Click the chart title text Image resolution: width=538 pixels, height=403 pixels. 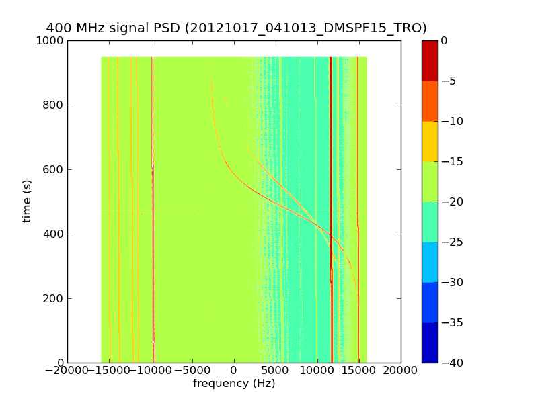236,28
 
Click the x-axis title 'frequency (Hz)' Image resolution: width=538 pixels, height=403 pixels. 234,384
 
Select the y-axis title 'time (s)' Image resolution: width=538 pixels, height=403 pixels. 27,201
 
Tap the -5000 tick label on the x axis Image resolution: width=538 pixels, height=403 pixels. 192,371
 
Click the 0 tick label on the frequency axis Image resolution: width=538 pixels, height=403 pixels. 234,371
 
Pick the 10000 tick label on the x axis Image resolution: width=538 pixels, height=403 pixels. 317,371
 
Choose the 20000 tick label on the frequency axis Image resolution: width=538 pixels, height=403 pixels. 401,371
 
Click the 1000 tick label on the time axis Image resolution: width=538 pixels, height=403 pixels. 50,40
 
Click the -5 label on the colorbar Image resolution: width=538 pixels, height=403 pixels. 449,81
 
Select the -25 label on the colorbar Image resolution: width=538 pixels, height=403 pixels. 451,242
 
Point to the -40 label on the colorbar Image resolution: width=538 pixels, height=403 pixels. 451,363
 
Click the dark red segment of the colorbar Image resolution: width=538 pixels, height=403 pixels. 429,60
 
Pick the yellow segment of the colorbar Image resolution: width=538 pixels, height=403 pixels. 429,141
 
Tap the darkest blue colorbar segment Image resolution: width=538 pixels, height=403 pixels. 429,343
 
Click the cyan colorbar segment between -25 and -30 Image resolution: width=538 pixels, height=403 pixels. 429,262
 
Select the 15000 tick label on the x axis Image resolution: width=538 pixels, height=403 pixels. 359,371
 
